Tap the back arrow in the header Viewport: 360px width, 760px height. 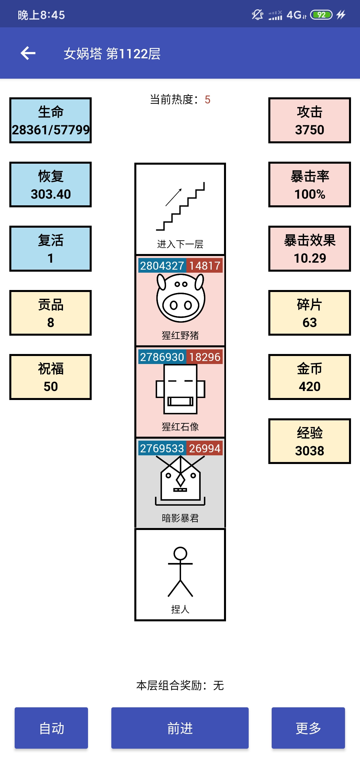28,53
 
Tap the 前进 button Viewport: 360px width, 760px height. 180,728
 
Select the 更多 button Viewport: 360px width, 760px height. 308,728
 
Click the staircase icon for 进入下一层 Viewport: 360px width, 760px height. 180,206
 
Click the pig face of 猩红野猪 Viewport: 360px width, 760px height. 180,298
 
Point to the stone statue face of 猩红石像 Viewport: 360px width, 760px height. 180,389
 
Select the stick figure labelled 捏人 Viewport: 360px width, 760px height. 180,572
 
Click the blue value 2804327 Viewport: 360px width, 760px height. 162,266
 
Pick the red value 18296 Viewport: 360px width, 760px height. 204,357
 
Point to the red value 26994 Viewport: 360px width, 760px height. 204,448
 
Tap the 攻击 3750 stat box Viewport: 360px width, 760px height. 310,120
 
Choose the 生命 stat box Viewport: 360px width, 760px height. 51,120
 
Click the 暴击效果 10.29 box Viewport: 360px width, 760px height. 310,249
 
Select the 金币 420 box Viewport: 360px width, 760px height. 310,377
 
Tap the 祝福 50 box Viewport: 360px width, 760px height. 51,377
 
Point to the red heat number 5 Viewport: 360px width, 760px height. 207,100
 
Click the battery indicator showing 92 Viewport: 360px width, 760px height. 321,15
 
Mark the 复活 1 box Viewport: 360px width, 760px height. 51,249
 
